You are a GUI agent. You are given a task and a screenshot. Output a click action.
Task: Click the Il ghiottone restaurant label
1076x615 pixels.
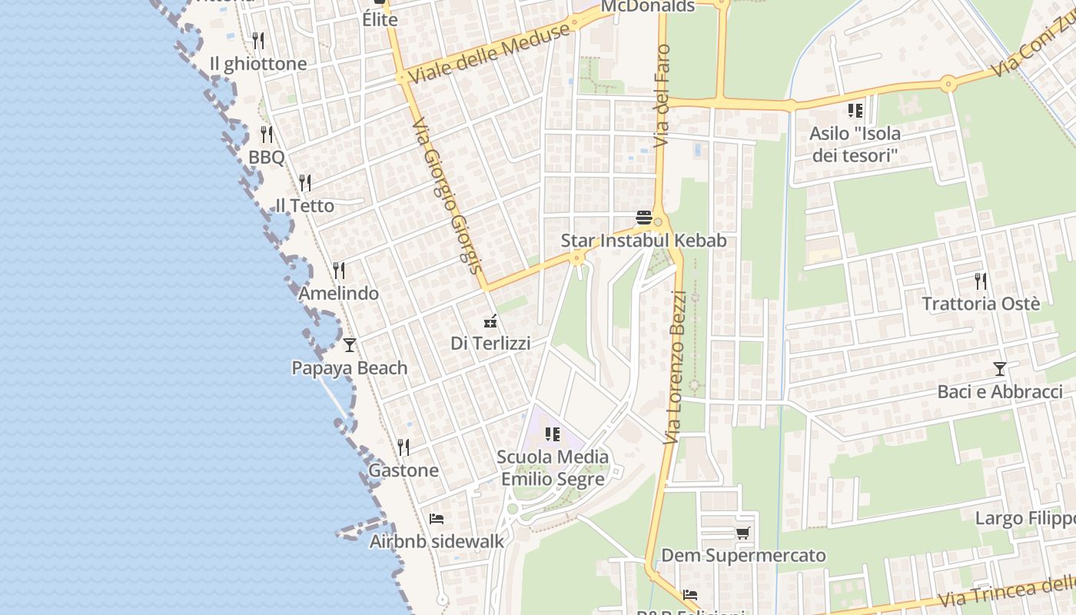coord(258,64)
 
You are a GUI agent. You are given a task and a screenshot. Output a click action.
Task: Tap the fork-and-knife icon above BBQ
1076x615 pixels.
coord(267,135)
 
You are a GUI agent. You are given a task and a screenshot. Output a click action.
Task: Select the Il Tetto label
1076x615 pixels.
coord(305,205)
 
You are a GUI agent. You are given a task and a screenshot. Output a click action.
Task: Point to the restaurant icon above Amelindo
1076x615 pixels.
coord(339,271)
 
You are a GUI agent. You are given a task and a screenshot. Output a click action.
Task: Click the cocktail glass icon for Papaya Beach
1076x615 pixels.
coord(350,345)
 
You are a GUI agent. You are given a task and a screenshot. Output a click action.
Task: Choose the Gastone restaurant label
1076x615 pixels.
coord(403,470)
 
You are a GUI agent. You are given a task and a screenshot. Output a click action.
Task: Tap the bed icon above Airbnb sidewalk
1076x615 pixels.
coord(437,519)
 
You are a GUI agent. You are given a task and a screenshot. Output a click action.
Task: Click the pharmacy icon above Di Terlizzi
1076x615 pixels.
coord(490,321)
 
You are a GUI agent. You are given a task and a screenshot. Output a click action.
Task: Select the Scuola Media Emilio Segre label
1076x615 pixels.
coord(553,467)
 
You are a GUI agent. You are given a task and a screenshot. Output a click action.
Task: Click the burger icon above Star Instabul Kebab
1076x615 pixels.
coord(644,218)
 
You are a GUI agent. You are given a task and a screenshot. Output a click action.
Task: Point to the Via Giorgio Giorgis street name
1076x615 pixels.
coord(447,196)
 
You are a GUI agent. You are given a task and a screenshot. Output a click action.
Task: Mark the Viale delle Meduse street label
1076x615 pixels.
coord(490,53)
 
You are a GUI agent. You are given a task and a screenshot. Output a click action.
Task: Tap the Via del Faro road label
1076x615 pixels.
coord(662,96)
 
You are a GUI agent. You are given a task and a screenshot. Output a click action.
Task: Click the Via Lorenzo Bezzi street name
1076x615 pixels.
coord(674,367)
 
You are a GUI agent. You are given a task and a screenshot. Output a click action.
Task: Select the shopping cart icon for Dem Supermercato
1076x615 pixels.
coord(742,533)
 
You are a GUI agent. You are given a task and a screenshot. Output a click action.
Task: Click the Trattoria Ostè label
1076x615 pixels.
coord(981,304)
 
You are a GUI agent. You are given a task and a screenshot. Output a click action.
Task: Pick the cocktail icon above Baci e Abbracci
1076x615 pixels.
coord(999,369)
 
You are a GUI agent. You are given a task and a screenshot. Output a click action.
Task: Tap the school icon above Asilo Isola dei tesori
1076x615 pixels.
coord(855,111)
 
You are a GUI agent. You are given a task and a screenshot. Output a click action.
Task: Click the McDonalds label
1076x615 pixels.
coord(647,7)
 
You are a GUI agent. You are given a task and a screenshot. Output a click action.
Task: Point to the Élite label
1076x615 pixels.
coord(380,19)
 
